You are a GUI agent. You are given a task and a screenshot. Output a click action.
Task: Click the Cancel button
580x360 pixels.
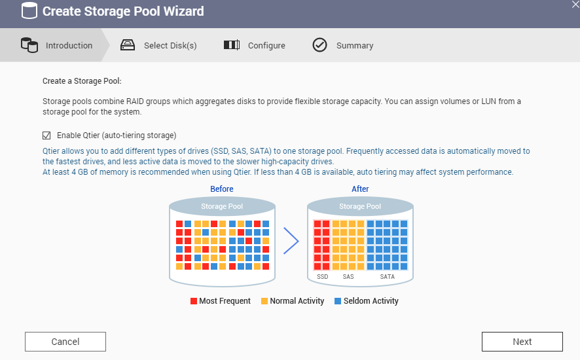65,342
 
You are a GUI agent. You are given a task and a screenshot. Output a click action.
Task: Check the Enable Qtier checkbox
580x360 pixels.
46,135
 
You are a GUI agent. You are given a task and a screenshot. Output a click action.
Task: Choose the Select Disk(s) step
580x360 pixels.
170,46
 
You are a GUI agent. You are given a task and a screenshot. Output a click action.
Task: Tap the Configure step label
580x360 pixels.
266,46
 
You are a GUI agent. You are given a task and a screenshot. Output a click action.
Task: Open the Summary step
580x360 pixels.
355,46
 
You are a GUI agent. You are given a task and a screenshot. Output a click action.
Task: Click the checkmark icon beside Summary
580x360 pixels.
319,45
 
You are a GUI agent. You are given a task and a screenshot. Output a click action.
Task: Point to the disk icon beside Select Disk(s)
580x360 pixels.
128,45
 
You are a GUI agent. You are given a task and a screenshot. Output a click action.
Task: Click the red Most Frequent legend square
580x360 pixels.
194,301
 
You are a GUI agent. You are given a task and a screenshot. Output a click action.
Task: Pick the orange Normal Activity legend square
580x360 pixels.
264,301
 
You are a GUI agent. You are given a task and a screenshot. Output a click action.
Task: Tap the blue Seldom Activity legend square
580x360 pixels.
338,301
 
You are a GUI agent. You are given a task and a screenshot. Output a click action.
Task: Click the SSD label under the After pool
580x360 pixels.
322,277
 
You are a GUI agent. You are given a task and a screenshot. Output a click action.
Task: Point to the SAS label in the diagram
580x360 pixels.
348,277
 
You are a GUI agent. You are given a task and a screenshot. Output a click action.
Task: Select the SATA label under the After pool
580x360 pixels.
388,277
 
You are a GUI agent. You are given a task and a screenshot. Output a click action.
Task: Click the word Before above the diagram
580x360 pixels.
222,189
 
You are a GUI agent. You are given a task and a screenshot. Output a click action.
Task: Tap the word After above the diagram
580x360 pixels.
360,189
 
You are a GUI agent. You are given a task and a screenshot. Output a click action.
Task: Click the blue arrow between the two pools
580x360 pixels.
291,241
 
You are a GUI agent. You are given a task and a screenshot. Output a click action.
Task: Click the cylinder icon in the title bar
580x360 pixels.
29,11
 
